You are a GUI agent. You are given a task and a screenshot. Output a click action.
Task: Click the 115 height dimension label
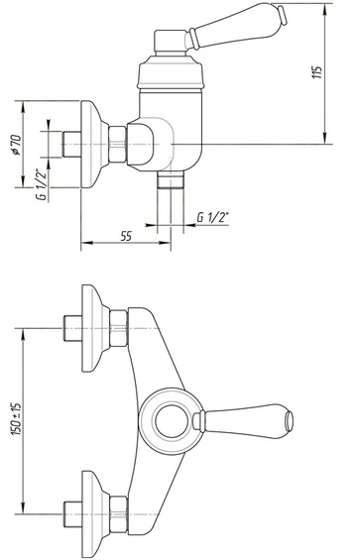tap(317, 72)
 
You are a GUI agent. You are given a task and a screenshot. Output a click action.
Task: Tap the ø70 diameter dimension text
tap(16, 145)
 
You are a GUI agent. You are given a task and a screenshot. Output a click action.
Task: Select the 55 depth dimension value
tap(126, 236)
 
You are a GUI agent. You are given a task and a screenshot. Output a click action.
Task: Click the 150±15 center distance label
tap(17, 419)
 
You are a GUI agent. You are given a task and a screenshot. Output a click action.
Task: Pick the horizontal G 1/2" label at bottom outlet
tap(213, 217)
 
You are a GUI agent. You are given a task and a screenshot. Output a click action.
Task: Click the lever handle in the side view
tap(236, 26)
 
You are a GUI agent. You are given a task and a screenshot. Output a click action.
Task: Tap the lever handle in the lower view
tap(243, 421)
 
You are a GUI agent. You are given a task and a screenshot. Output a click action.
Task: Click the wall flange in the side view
tap(94, 145)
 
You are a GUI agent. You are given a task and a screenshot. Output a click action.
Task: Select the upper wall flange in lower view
tap(95, 328)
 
